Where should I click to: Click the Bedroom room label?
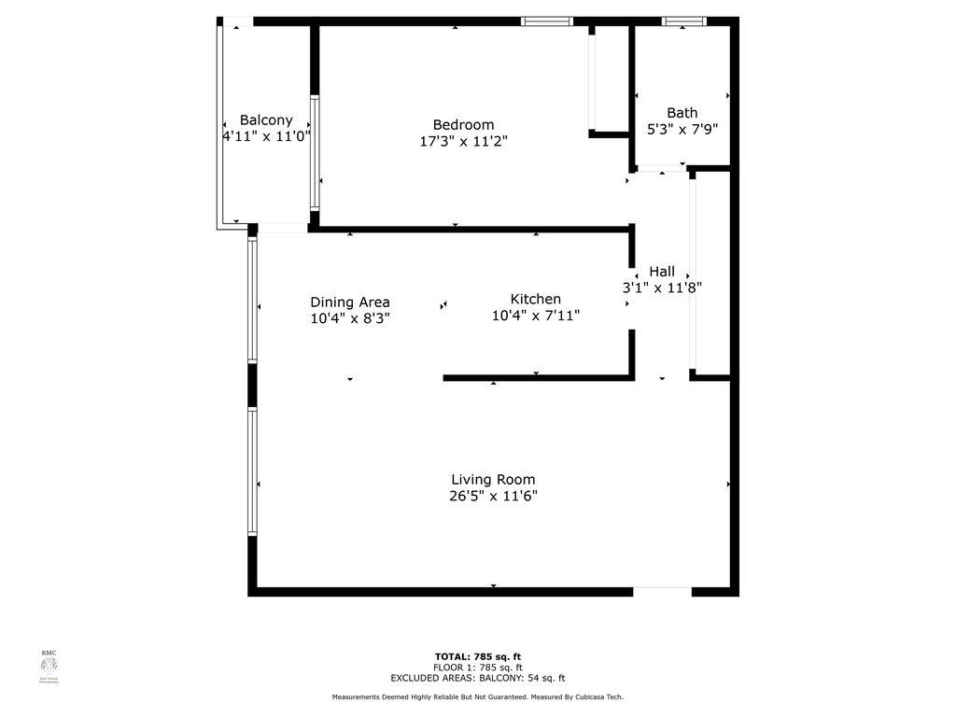tap(463, 125)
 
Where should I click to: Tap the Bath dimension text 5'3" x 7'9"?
tap(682, 131)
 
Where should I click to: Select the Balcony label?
tap(266, 120)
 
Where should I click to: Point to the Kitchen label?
tap(535, 299)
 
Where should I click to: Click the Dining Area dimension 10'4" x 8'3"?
tap(349, 317)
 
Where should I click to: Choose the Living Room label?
tap(493, 480)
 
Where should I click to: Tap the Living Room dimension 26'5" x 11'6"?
tap(493, 497)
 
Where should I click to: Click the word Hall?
tap(662, 272)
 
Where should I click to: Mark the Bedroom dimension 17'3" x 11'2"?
tap(463, 142)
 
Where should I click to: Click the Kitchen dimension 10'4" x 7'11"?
tap(535, 316)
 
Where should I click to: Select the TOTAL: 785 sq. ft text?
tap(477, 656)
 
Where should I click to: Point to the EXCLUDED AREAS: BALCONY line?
tap(477, 679)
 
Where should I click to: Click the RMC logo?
tap(49, 665)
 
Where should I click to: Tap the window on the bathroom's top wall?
tap(684, 21)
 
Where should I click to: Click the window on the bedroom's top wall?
tap(546, 21)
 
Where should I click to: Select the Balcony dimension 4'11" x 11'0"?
tap(266, 136)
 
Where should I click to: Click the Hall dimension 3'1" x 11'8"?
tap(662, 288)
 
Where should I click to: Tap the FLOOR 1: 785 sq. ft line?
tap(477, 668)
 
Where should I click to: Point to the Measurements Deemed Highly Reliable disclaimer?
tap(477, 697)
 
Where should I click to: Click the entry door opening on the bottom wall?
tap(662, 591)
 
